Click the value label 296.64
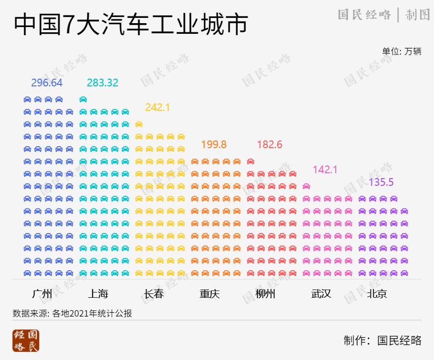pyautogui.click(x=47, y=83)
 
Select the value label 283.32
pyautogui.click(x=102, y=83)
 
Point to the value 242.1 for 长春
pyautogui.click(x=158, y=107)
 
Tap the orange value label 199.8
pyautogui.click(x=214, y=144)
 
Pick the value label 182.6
pyautogui.click(x=270, y=144)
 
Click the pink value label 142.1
pyautogui.click(x=325, y=169)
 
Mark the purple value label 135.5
pyautogui.click(x=381, y=182)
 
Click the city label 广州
pyautogui.click(x=42, y=293)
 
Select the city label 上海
pyautogui.click(x=98, y=293)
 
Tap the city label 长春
pyautogui.click(x=154, y=293)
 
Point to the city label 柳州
pyautogui.click(x=265, y=293)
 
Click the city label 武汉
pyautogui.click(x=321, y=293)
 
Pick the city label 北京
pyautogui.click(x=377, y=293)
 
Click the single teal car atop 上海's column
pyautogui.click(x=83, y=99)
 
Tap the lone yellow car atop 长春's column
pyautogui.click(x=139, y=124)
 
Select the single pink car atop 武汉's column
pyautogui.click(x=306, y=186)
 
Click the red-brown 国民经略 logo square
pyautogui.click(x=26, y=341)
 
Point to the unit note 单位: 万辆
pyautogui.click(x=402, y=51)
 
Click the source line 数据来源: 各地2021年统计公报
pyautogui.click(x=72, y=313)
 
